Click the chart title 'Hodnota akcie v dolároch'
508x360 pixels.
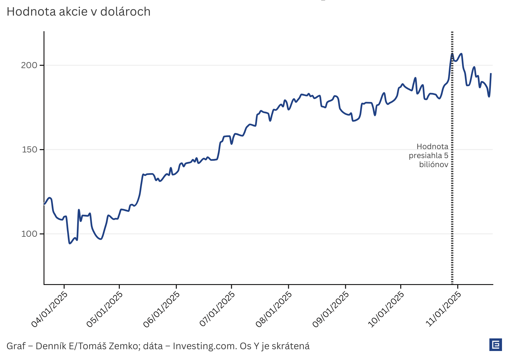point(79,12)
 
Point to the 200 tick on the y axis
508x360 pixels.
point(29,65)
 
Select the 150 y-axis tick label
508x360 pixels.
point(29,150)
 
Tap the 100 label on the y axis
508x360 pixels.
point(29,234)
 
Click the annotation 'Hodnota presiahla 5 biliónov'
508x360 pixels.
point(429,155)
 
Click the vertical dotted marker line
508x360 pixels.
point(452,210)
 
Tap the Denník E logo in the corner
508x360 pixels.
point(495,345)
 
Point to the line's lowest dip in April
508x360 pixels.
point(70,243)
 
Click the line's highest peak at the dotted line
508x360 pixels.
point(452,54)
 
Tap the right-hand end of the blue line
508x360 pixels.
point(491,73)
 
